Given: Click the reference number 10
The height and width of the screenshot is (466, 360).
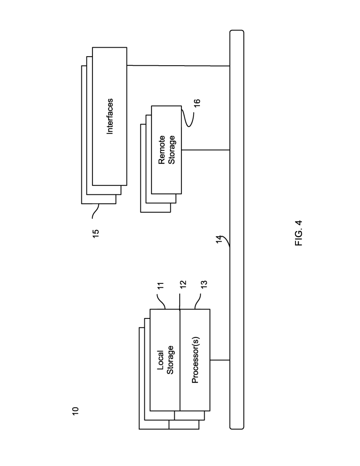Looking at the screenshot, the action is point(75,411).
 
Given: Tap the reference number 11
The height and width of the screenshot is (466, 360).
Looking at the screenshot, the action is point(160,286).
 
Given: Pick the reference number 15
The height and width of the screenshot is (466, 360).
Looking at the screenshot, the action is point(96,233).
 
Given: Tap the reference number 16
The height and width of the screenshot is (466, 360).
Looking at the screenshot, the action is point(197,103).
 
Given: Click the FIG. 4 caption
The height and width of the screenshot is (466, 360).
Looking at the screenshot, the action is point(299,233).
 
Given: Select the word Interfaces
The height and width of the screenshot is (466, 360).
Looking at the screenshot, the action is point(110,116).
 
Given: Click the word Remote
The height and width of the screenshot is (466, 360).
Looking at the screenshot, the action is point(162,150).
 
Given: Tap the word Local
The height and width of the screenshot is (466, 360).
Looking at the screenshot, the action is point(160,360).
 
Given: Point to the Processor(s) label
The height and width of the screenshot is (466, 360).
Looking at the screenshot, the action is point(195,360).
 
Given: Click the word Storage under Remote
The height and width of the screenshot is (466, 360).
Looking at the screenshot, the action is point(172,150).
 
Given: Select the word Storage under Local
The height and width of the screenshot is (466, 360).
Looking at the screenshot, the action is point(170,360).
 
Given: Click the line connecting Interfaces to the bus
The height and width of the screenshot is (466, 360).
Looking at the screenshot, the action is point(178,65).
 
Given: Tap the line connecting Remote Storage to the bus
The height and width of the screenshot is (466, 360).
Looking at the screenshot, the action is point(206,150).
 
